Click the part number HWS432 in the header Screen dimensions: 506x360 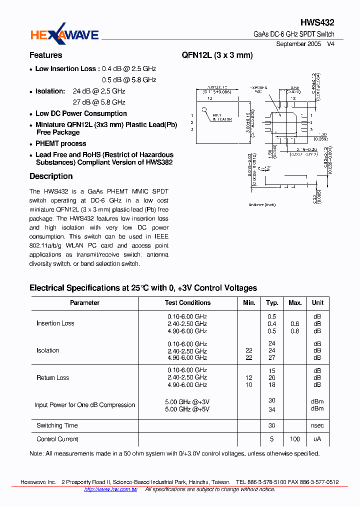(x=317, y=22)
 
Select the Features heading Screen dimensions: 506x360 (x=45, y=55)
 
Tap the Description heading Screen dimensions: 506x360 (x=51, y=176)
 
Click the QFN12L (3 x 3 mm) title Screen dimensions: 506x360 (x=217, y=55)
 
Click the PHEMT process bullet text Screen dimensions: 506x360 (x=60, y=143)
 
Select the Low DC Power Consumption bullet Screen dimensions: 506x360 (x=81, y=113)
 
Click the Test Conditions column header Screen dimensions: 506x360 (x=187, y=303)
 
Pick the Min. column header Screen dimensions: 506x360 (x=249, y=303)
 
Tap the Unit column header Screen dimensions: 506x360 (x=317, y=303)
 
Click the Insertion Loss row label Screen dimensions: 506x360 (x=55, y=323)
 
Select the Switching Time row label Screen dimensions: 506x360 (x=57, y=425)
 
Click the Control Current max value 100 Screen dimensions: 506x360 (x=295, y=439)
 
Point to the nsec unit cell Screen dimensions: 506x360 (x=317, y=425)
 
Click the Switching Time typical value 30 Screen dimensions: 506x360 (x=272, y=425)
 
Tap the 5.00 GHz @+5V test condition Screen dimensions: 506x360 (x=187, y=409)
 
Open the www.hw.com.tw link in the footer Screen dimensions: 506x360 (x=110, y=489)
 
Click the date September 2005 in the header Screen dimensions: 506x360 (x=298, y=44)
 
